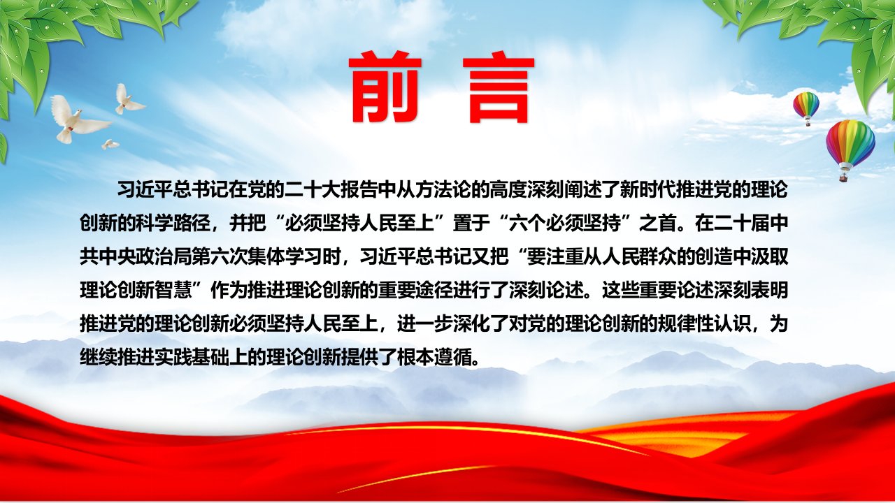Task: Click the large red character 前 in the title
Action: pyautogui.click(x=385, y=87)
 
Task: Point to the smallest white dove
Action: pyautogui.click(x=110, y=144)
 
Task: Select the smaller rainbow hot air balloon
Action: pyautogui.click(x=806, y=108)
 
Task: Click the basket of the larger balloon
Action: pyautogui.click(x=844, y=175)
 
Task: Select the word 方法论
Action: pyautogui.click(x=434, y=189)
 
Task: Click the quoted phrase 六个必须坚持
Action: pyautogui.click(x=564, y=223)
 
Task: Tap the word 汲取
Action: pyautogui.click(x=768, y=256)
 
